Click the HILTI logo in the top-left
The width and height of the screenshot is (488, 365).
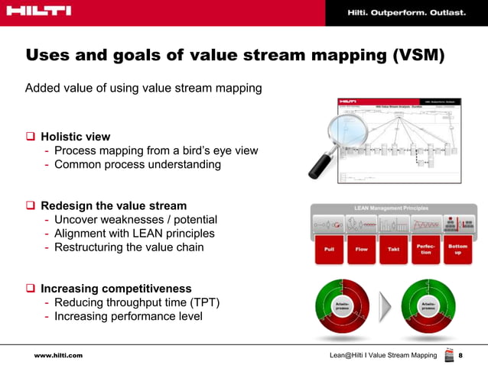(38, 11)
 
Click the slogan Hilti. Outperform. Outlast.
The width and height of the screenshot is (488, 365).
(405, 13)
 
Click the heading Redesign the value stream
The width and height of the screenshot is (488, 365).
(113, 206)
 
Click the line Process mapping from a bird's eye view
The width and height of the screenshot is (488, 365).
(156, 150)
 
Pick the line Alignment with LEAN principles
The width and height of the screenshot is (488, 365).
(135, 234)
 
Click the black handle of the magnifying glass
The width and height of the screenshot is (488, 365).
(314, 167)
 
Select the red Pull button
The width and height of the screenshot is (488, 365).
(329, 250)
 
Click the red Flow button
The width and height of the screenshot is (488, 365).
(361, 250)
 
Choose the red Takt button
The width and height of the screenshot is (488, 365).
(393, 250)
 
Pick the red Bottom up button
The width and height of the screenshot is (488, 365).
(457, 250)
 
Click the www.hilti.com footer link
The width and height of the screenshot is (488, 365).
(57, 356)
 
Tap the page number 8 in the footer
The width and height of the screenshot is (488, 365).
(460, 356)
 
